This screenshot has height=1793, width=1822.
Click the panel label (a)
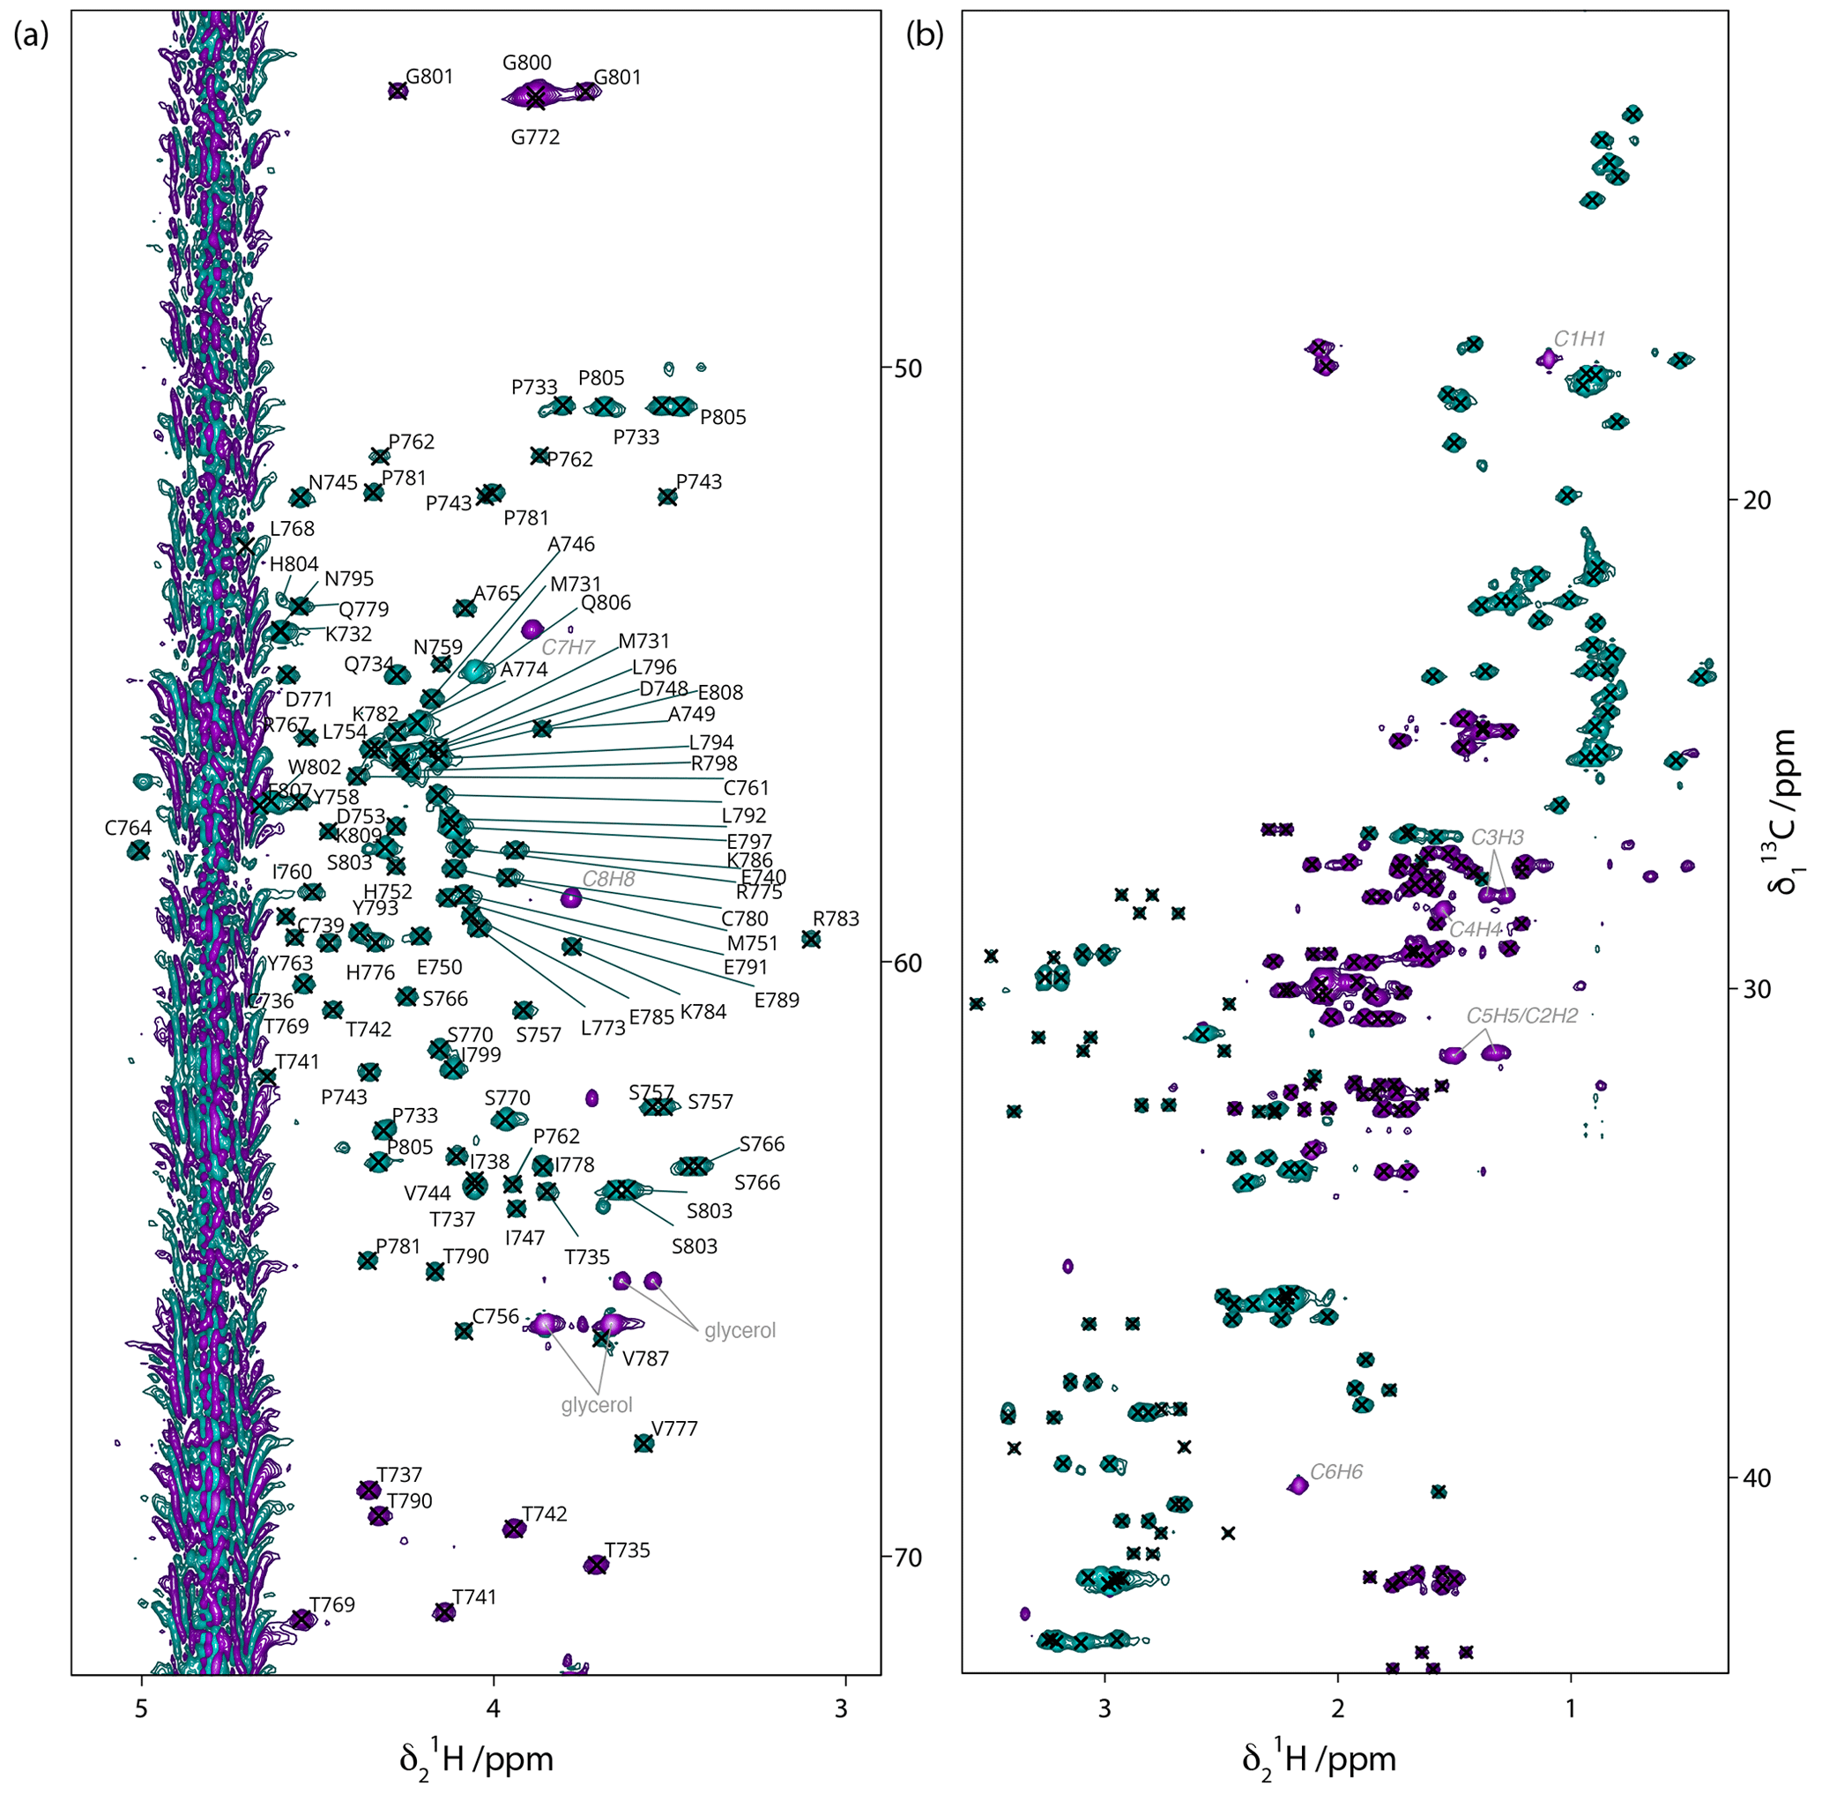pyautogui.click(x=30, y=37)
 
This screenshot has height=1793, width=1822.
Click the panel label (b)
pyautogui.click(x=924, y=37)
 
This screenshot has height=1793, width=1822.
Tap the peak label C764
pyautogui.click(x=128, y=828)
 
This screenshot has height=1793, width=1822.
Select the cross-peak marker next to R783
pyautogui.click(x=811, y=939)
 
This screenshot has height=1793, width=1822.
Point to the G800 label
pyautogui.click(x=526, y=63)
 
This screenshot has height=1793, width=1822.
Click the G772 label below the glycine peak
pyautogui.click(x=535, y=138)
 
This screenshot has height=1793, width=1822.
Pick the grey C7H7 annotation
pyautogui.click(x=568, y=647)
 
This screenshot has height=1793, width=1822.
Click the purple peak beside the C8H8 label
pyautogui.click(x=570, y=898)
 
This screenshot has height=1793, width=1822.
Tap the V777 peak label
pyautogui.click(x=674, y=1429)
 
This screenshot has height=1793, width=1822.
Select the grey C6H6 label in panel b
pyautogui.click(x=1336, y=1471)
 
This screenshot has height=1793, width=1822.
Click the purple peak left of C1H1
pyautogui.click(x=1547, y=359)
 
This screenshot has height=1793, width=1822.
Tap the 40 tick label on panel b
pyautogui.click(x=1752, y=1478)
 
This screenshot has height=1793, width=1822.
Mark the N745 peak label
pyautogui.click(x=333, y=483)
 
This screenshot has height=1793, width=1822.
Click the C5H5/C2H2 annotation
pyautogui.click(x=1521, y=1016)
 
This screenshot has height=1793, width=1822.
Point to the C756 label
pyautogui.click(x=495, y=1315)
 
